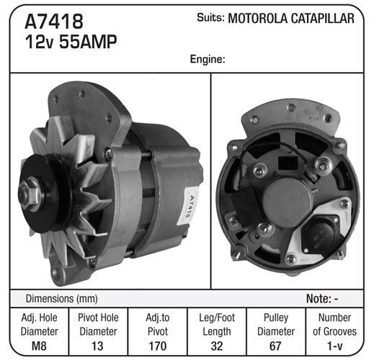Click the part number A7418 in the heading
54,22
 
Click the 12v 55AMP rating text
71,42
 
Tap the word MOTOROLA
257,19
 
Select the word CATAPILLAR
323,19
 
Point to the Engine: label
208,59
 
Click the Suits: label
210,17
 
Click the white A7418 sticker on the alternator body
189,206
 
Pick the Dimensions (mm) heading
61,299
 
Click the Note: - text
322,299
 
